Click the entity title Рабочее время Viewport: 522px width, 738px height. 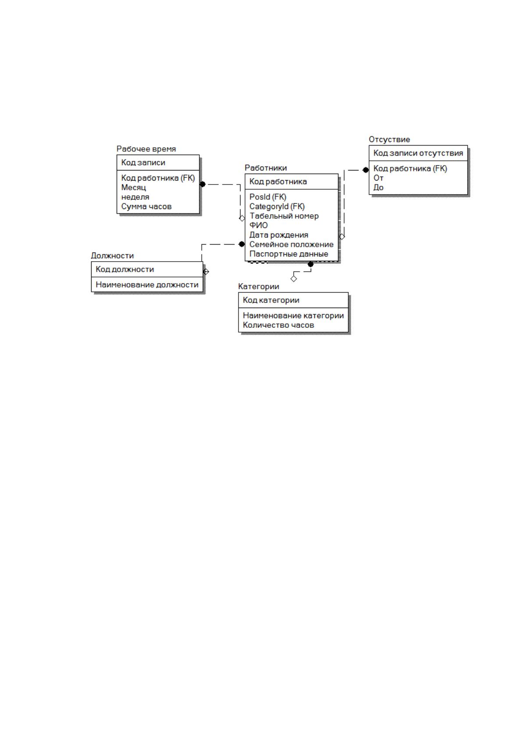[146, 149]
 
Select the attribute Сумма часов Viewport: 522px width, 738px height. [146, 206]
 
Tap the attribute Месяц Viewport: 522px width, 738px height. [134, 188]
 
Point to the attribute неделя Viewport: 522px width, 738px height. [135, 197]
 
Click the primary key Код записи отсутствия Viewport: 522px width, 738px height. [418, 153]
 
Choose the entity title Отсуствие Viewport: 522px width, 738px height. [389, 139]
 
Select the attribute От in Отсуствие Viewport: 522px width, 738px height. [378, 178]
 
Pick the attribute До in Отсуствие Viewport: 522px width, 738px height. [378, 188]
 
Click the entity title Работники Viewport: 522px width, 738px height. [266, 168]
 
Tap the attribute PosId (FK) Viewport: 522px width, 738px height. [268, 197]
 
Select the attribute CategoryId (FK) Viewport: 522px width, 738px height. [277, 206]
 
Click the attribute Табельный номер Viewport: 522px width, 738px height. [284, 216]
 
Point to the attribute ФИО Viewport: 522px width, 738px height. [258, 225]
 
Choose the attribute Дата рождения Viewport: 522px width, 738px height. [278, 235]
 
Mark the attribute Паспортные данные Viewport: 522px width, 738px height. [289, 254]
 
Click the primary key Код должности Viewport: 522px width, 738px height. [124, 270]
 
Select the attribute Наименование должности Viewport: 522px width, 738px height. [147, 285]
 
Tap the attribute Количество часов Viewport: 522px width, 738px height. [278, 325]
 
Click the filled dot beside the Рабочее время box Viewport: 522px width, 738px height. [202, 184]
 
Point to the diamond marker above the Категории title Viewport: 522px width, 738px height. [294, 279]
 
